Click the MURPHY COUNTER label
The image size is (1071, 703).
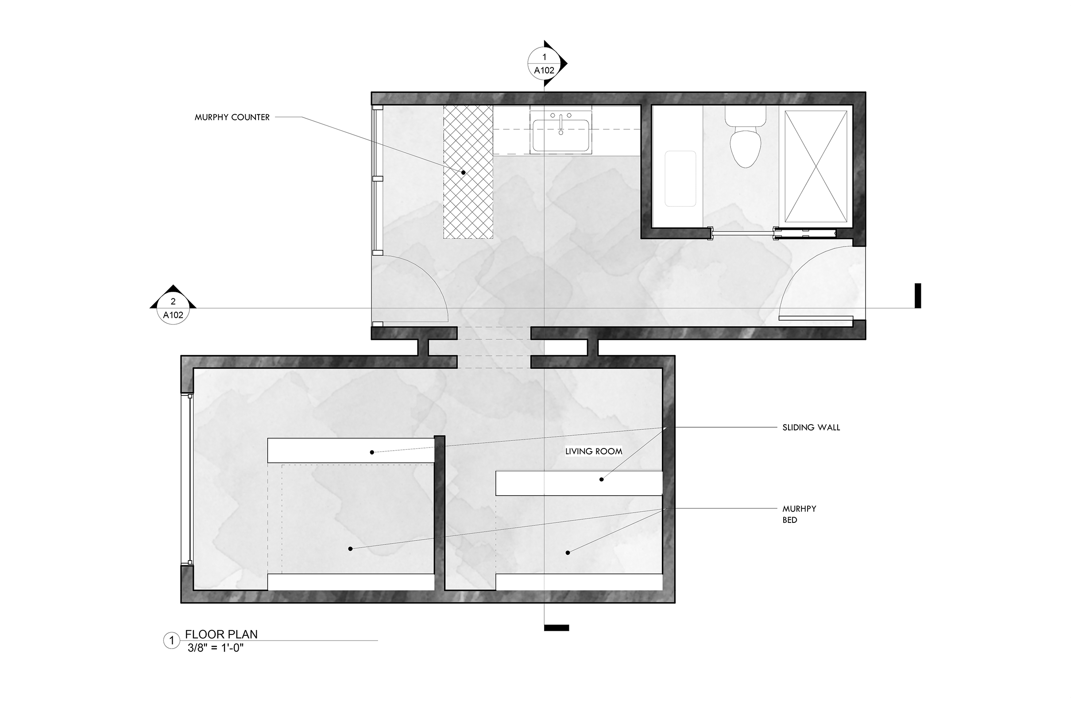[232, 117]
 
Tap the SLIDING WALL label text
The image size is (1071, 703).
[811, 428]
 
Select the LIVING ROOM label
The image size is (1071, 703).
[594, 452]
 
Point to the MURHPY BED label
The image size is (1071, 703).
[799, 514]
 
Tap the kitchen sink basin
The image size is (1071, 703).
[561, 135]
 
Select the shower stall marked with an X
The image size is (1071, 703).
[816, 166]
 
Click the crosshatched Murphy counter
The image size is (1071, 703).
[468, 172]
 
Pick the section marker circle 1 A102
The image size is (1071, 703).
[545, 63]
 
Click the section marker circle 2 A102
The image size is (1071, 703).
[173, 308]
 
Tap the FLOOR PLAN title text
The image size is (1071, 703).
[221, 634]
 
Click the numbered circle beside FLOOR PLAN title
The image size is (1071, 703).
[171, 641]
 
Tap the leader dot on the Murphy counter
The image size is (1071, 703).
[463, 172]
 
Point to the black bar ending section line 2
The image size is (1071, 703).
[918, 296]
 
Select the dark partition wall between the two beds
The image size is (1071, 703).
[440, 513]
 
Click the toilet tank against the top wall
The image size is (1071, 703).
[745, 116]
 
